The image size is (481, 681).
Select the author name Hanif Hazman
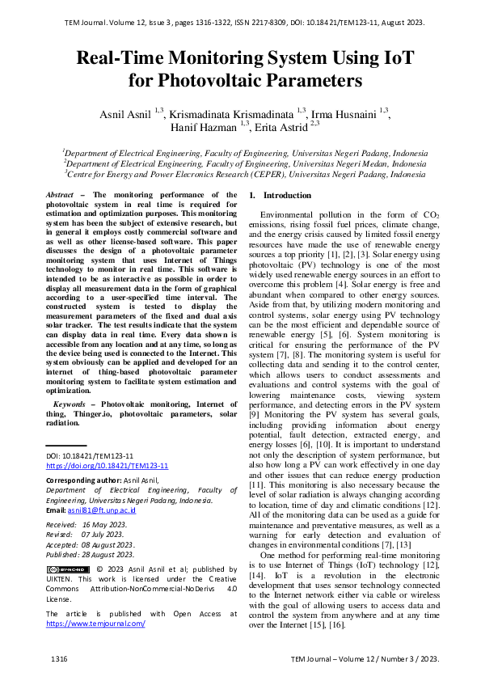click(x=205, y=127)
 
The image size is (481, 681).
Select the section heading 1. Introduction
click(x=279, y=196)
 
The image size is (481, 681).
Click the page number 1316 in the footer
click(x=57, y=661)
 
